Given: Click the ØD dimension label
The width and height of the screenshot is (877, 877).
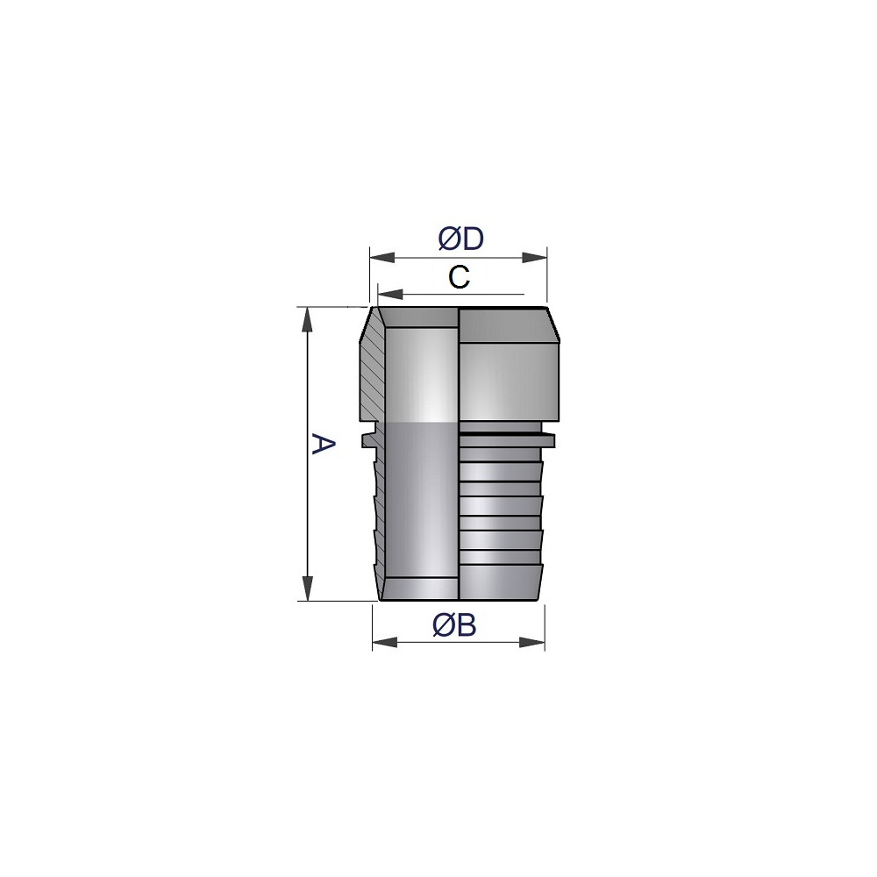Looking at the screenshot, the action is coord(461,239).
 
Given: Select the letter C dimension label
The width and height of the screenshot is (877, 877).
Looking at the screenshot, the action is coord(460,277).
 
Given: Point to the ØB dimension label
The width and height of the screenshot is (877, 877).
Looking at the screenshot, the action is coord(454,625).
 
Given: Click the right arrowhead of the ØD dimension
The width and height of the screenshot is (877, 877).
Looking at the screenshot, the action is coord(534,257).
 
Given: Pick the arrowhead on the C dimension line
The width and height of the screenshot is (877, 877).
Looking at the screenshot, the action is coord(390,294).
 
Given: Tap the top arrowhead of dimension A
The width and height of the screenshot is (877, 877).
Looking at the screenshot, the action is coord(306,320).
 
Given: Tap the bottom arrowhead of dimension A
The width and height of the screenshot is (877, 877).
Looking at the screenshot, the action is coord(306,588).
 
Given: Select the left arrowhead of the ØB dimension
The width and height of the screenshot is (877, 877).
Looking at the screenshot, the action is coord(385,643).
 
